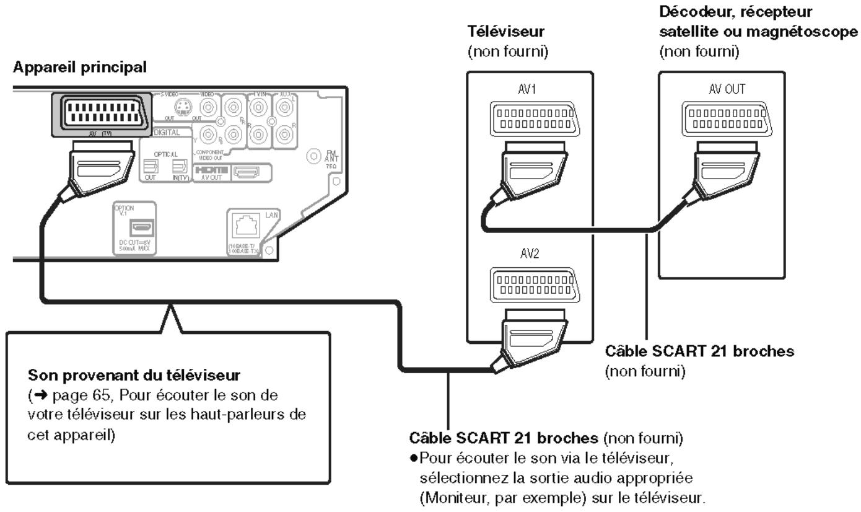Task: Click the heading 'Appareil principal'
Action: (79, 67)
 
